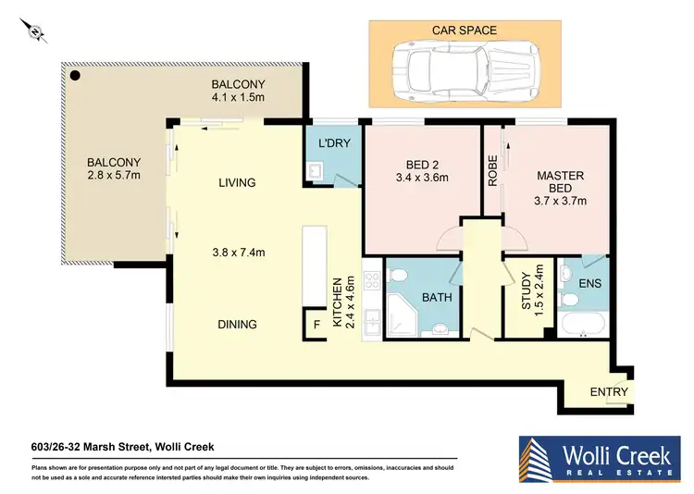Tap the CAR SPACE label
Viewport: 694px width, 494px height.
tap(464, 31)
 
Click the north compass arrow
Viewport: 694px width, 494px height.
tap(34, 33)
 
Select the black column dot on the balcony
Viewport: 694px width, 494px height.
tap(76, 76)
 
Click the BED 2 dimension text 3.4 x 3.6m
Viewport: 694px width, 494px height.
tap(421, 179)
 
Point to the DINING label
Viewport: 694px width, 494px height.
tap(238, 325)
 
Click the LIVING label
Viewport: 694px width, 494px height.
tap(237, 183)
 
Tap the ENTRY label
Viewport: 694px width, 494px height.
tap(609, 392)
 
